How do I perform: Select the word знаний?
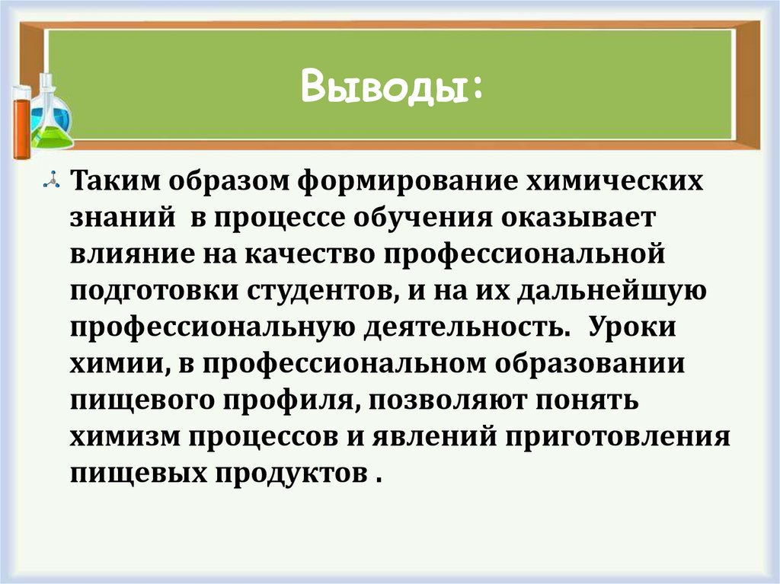click(x=119, y=219)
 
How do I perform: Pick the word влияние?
click(x=129, y=253)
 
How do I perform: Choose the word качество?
click(x=309, y=253)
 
